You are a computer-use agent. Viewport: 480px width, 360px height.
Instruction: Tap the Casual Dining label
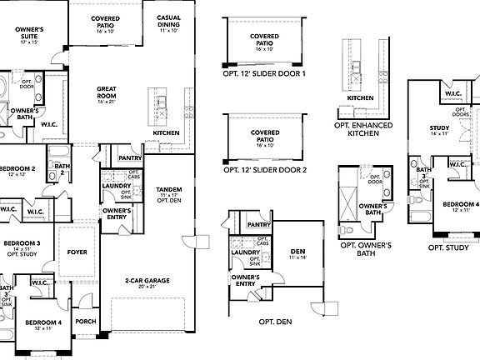170,22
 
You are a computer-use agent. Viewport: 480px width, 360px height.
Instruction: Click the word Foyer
77,251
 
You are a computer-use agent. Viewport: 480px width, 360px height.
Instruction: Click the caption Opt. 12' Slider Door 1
265,74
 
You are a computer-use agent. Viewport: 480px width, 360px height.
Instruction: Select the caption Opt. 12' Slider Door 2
265,169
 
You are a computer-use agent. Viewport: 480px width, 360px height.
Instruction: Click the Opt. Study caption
447,247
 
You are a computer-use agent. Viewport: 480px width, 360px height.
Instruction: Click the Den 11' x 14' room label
297,254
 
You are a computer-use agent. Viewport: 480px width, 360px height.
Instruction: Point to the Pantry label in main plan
129,157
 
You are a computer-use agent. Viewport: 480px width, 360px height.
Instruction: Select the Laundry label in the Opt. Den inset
246,252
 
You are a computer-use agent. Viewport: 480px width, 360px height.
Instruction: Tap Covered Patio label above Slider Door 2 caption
265,136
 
